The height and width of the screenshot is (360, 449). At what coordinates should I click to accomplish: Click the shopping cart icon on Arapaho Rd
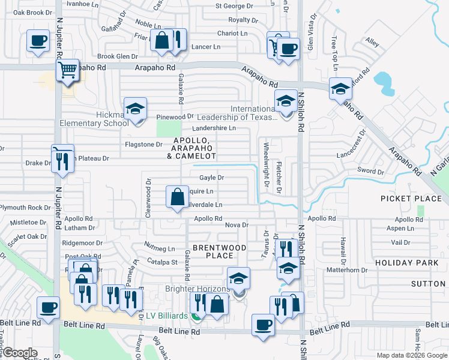(68, 70)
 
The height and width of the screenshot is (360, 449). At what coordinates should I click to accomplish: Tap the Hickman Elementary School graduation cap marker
(136, 109)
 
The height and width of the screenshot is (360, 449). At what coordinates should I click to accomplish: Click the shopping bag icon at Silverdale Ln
(178, 196)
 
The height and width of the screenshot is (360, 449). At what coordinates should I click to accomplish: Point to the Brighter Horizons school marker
(239, 279)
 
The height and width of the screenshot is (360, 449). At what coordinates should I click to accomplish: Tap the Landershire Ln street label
(213, 128)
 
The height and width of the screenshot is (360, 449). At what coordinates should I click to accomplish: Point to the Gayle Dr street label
(211, 178)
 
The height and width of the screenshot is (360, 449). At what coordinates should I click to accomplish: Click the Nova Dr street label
(237, 225)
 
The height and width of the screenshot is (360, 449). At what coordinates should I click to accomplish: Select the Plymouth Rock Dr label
(22, 208)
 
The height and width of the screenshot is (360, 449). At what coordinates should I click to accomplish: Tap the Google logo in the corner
(20, 353)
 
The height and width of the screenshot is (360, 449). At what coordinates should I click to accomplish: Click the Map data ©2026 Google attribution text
(411, 355)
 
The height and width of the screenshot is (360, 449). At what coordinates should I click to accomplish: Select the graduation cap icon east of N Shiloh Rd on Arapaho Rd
(340, 89)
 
